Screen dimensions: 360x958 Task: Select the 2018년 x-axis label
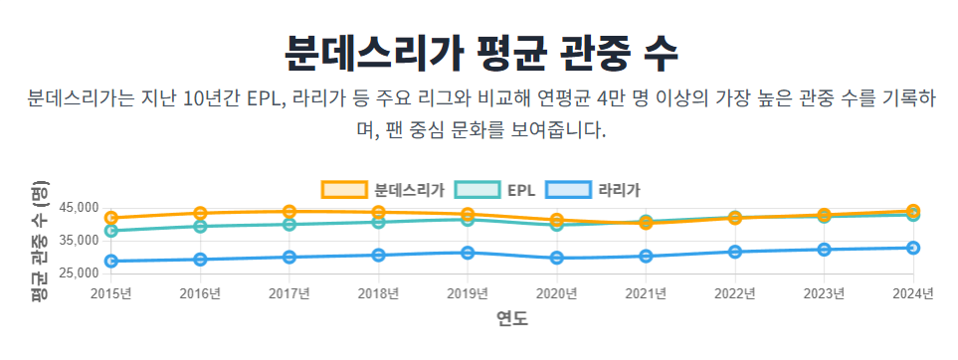(x=378, y=293)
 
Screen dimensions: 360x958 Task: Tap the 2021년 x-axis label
(x=646, y=293)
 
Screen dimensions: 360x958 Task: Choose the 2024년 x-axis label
(x=912, y=293)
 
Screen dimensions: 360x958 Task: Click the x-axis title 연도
(x=511, y=318)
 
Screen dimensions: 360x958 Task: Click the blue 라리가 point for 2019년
(x=468, y=253)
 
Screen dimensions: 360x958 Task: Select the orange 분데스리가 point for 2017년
(x=288, y=211)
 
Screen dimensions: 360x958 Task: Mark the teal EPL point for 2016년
(x=200, y=227)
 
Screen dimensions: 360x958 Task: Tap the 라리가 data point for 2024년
(x=912, y=248)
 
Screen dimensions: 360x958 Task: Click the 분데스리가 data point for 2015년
(x=111, y=217)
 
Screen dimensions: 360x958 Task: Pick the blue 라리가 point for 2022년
(x=734, y=252)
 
